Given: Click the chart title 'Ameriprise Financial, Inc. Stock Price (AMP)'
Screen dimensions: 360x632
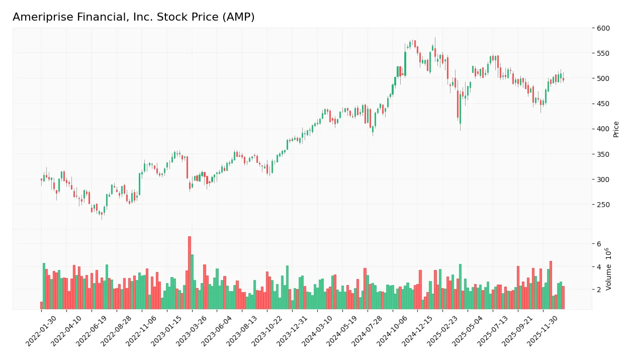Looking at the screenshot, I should coord(133,17).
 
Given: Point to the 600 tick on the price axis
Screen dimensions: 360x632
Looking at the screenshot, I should coord(603,28).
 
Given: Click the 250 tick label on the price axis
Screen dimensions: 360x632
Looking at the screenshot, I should coord(603,205).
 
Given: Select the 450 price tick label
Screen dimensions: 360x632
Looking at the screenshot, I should coord(603,104).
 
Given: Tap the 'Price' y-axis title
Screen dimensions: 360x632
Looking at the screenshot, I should coord(616,129).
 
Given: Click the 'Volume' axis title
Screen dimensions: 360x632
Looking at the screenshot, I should coord(609,269).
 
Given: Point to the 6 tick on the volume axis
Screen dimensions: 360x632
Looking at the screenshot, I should coord(599,244).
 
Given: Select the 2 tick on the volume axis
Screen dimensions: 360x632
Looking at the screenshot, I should coord(599,290).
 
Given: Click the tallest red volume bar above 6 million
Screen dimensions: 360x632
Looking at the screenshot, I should coord(190,273).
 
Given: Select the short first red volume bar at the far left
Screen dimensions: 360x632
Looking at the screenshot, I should coord(41,305).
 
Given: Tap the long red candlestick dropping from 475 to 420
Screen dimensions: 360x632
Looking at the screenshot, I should coord(458,104).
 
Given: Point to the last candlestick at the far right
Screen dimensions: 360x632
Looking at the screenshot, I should coord(563,79).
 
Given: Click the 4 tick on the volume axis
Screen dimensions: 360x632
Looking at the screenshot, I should coord(599,266).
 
